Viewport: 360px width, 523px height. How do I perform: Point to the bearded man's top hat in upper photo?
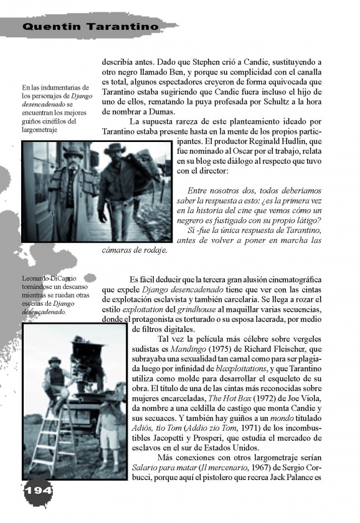point(73,150)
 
